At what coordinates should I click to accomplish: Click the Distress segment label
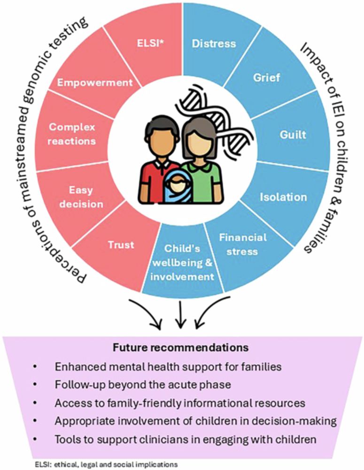click(214, 44)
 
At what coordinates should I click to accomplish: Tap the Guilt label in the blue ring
click(293, 134)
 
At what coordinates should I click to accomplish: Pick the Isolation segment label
click(284, 197)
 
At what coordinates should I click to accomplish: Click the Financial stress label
click(242, 244)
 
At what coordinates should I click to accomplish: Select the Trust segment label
click(121, 244)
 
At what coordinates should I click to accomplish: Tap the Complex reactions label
click(72, 134)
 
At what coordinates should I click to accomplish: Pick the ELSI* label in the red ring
click(149, 44)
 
